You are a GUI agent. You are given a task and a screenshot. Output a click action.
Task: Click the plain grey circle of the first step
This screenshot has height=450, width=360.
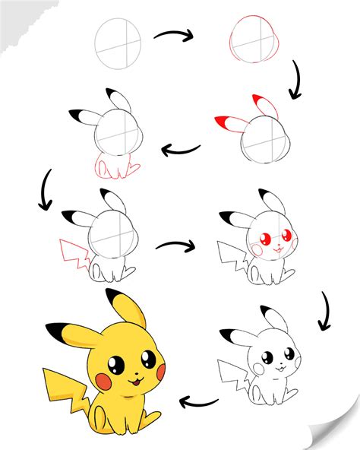[118, 44]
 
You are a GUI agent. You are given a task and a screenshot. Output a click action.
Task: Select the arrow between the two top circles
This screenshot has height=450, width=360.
[175, 36]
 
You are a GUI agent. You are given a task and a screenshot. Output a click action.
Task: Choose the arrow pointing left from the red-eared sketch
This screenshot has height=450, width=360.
[182, 149]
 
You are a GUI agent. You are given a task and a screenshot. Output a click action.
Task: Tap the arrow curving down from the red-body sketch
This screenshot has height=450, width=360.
[45, 192]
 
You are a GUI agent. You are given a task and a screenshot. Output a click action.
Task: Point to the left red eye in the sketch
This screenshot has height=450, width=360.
[267, 240]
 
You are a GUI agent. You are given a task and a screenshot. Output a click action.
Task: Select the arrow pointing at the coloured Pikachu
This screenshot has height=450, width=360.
[200, 401]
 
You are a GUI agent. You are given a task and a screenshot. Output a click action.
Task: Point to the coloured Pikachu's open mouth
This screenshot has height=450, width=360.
[137, 381]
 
